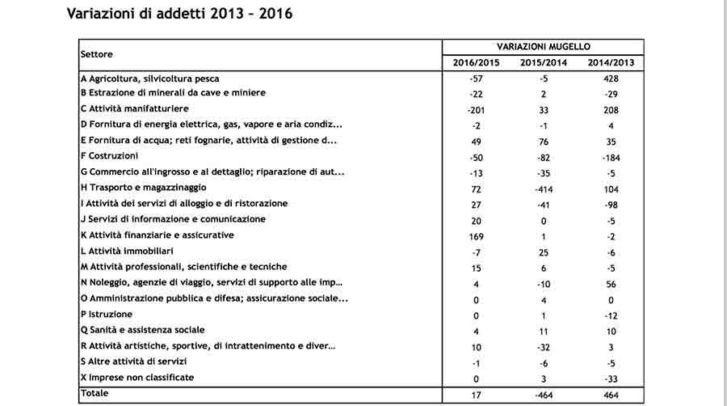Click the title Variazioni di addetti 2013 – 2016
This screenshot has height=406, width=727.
(x=179, y=15)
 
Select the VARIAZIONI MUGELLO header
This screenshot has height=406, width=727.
(x=543, y=48)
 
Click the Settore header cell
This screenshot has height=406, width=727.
(x=97, y=54)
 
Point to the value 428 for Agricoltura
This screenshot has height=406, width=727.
(x=610, y=78)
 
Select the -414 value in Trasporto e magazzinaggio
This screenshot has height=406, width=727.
(x=543, y=188)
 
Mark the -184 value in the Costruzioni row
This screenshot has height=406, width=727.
(x=610, y=157)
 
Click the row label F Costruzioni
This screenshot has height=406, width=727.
(x=110, y=156)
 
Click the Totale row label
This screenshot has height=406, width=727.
(x=95, y=393)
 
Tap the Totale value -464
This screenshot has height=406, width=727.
(x=543, y=395)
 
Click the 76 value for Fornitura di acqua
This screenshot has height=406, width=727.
(x=543, y=142)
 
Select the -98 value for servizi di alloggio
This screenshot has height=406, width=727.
(x=610, y=205)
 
